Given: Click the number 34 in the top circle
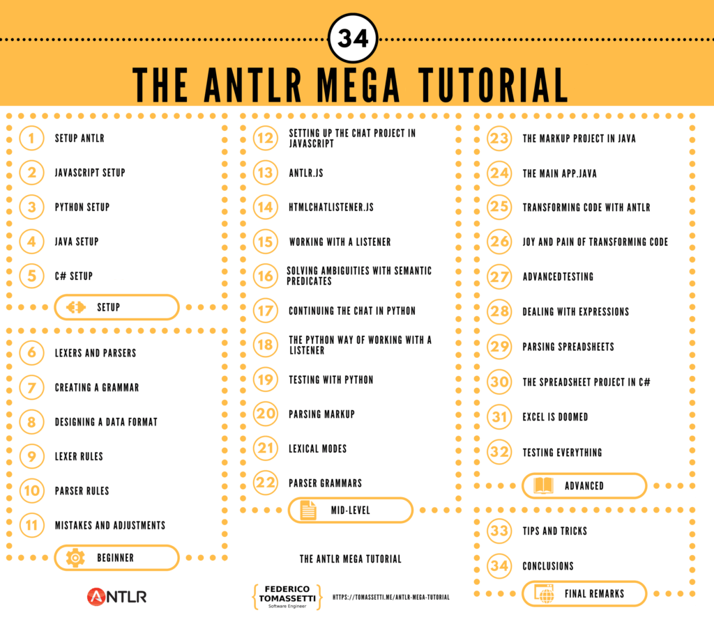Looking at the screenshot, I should click(353, 38).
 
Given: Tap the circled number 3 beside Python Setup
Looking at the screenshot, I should click(32, 207).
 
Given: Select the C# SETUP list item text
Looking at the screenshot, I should click(74, 276).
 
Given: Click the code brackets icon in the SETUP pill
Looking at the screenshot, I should click(76, 307).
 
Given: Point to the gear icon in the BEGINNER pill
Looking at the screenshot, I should click(75, 558).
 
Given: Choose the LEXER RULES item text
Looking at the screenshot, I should click(79, 456).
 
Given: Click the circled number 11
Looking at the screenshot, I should click(32, 525).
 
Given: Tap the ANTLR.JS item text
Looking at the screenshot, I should click(306, 172).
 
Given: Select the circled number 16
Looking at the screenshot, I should click(266, 276).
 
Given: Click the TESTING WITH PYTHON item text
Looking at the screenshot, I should click(331, 380).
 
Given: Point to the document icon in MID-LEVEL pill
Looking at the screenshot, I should click(308, 510).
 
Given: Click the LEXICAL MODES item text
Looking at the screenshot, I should click(317, 448).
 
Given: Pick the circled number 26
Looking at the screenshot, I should click(499, 242).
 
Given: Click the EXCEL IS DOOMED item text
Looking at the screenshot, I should click(555, 416).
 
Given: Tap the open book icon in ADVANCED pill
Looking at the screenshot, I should click(543, 485).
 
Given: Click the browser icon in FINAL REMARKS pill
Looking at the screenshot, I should click(543, 594).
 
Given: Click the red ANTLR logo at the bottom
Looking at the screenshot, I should click(117, 596).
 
